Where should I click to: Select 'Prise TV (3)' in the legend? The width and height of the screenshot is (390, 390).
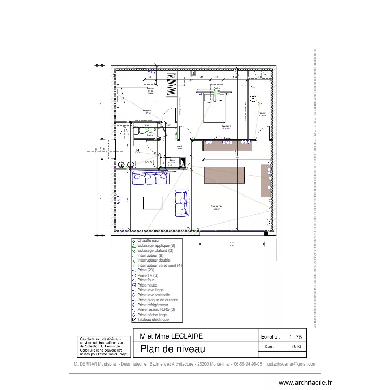148,275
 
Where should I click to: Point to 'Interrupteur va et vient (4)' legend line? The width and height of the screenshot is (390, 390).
159,265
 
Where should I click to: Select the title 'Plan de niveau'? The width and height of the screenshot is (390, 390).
170,349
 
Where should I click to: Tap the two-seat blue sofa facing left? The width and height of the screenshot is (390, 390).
182,203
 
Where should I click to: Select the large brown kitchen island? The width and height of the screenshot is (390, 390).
225,175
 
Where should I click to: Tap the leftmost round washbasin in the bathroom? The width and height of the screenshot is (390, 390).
121,164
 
